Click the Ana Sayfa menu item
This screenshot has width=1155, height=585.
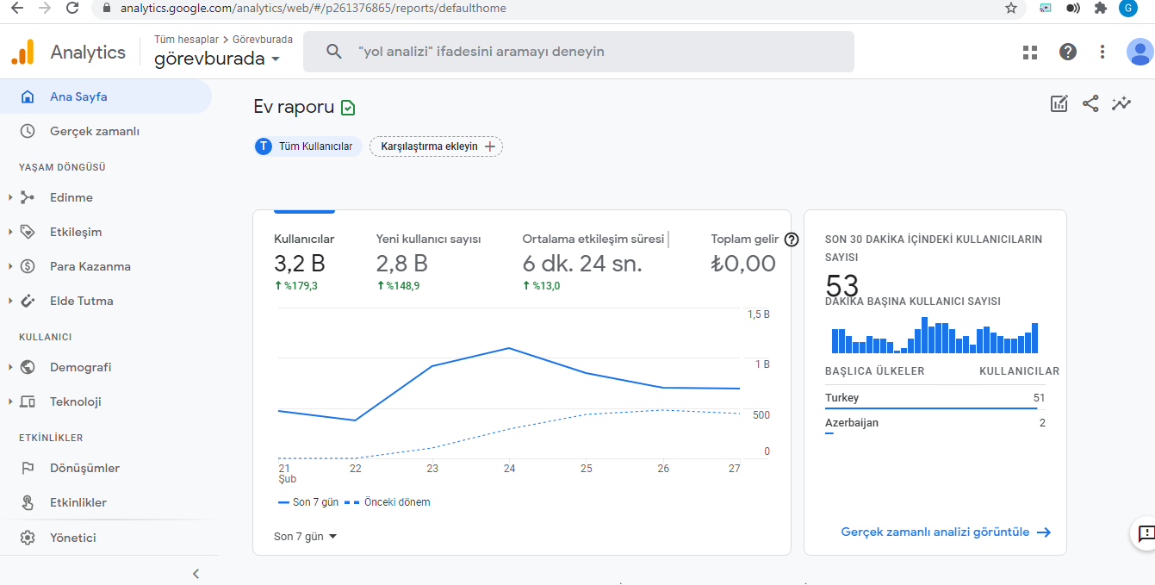[78, 97]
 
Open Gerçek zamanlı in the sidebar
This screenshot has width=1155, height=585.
[95, 132]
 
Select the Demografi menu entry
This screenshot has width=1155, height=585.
[80, 367]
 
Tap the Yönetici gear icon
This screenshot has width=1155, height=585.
[28, 538]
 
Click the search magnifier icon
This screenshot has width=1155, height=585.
[333, 52]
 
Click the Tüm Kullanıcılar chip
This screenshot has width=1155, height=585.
[307, 146]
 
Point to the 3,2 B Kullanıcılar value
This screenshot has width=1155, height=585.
[300, 264]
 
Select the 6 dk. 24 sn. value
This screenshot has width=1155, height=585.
[582, 264]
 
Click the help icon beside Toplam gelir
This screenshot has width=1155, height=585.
[792, 240]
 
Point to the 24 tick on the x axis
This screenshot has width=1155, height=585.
[509, 469]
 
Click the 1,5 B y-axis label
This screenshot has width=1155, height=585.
[759, 314]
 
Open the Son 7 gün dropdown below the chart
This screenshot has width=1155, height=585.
[305, 537]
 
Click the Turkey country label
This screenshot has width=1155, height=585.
[841, 398]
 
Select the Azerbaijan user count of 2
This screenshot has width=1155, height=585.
[1042, 423]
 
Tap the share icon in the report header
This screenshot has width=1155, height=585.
[1090, 103]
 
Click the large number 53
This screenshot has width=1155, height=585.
[841, 284]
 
